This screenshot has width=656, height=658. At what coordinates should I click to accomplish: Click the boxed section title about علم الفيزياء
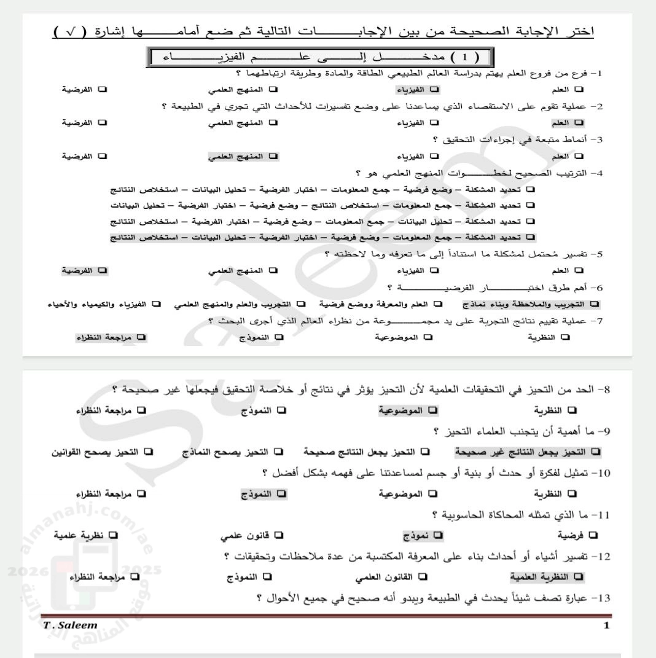326,59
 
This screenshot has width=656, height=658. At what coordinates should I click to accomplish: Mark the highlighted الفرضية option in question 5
84,270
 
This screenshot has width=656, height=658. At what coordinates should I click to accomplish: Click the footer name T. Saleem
66,625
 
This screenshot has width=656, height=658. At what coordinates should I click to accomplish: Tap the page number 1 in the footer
606,625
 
